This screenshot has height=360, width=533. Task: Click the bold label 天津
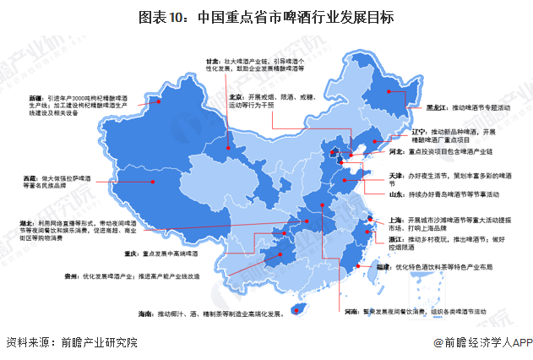point(396,176)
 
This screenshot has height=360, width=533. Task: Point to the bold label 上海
point(396,219)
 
